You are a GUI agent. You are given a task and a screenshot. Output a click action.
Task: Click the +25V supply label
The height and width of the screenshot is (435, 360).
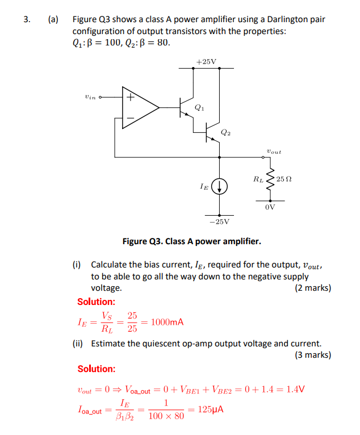pos(206,61)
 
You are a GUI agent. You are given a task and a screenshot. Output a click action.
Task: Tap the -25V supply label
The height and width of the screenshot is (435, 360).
pos(219,221)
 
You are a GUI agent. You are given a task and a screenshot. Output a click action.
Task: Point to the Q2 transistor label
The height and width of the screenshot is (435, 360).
pos(225,133)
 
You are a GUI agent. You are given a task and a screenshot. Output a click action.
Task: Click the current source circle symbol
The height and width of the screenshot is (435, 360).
pos(219,186)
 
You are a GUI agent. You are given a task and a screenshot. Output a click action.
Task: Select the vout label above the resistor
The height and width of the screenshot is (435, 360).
pos(274,152)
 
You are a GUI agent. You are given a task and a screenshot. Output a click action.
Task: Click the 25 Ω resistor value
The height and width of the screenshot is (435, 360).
pos(284,179)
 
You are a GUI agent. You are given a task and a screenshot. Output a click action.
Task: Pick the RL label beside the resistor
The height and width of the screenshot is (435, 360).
pos(258,179)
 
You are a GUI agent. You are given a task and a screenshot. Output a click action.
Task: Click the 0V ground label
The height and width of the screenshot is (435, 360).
pos(270,207)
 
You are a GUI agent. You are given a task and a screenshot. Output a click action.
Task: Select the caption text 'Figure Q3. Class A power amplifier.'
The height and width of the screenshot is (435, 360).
pos(192,241)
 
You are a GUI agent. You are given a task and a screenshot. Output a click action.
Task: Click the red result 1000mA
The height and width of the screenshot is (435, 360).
pos(167,322)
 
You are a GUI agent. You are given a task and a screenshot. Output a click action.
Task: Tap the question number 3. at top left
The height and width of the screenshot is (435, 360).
pos(27,19)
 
